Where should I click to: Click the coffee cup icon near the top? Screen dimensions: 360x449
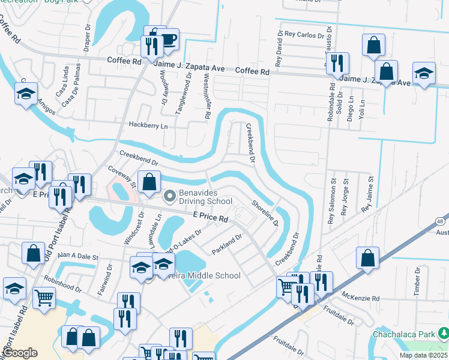click(169, 40)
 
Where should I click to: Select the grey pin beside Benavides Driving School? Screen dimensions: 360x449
click(170, 195)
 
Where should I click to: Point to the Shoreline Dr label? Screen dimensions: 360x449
click(265, 213)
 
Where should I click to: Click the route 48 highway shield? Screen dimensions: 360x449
click(441, 222)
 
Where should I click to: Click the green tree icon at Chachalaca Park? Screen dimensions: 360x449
click(443, 332)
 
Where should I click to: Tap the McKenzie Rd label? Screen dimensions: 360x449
click(359, 298)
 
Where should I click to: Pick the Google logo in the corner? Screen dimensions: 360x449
click(20, 353)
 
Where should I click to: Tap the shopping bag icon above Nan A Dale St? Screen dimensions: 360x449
click(32, 253)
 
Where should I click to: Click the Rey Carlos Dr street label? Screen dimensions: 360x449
click(304, 35)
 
